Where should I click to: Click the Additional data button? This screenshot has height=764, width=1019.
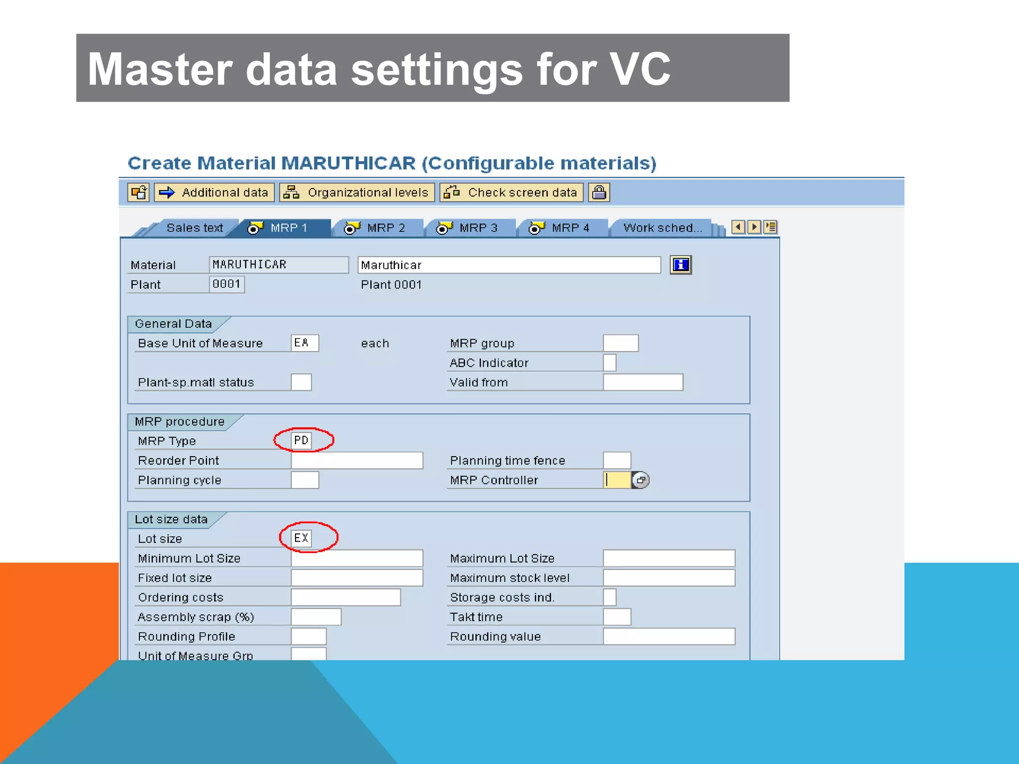(x=214, y=192)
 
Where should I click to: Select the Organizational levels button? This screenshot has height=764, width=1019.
(x=357, y=192)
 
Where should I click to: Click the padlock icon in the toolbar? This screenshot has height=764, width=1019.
(x=599, y=192)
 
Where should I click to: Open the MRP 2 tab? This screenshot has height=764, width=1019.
(x=377, y=228)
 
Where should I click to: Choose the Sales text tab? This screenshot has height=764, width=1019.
(x=194, y=228)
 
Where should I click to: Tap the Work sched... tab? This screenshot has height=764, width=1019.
(x=662, y=228)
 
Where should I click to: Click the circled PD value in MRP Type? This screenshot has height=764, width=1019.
(x=302, y=441)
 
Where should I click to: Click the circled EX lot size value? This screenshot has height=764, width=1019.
(x=302, y=538)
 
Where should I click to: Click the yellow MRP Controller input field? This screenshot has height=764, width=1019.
(x=617, y=480)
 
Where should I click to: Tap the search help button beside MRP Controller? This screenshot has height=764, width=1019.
(x=641, y=480)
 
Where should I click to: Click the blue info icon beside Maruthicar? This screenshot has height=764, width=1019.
(x=681, y=265)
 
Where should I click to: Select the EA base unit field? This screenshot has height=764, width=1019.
(x=305, y=343)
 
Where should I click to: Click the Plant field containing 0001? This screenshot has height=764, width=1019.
(x=227, y=285)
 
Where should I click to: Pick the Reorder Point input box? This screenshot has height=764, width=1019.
(x=357, y=461)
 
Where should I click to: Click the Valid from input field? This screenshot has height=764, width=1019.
(x=643, y=382)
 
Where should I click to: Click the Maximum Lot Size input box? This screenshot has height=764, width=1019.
(x=669, y=558)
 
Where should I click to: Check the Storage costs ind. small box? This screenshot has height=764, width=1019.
(x=610, y=597)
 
